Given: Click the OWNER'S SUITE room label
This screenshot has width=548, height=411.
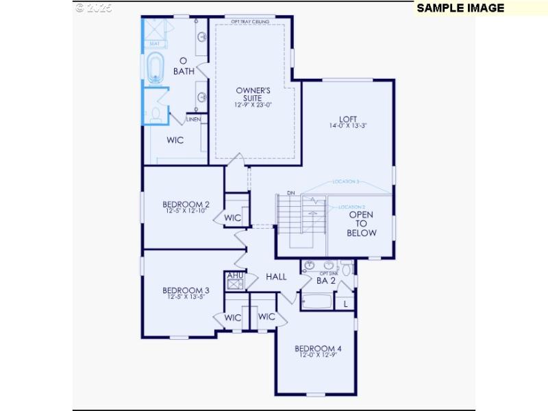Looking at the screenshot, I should pos(253,94).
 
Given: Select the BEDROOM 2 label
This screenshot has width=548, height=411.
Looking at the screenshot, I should pos(186,204).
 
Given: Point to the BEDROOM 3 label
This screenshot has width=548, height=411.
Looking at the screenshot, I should pos(186,290).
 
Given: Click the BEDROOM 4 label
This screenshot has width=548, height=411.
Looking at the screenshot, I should pos(318,349).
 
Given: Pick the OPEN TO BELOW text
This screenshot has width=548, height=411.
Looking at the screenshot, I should pos(362,223).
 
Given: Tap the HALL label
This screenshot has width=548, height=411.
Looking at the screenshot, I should pos(276,277).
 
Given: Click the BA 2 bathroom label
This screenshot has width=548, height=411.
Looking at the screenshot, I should pos(326,280).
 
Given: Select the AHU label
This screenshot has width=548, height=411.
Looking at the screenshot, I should pos(235,275).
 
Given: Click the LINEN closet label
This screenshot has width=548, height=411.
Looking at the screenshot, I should pos(193,120).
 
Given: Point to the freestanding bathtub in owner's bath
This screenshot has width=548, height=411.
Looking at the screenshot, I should pos(155,68).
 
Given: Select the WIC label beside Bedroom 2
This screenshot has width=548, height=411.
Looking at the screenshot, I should pos(233,218).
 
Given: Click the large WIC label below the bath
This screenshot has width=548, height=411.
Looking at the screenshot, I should pos(175,140).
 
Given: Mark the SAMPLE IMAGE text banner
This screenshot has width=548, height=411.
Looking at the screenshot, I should pos(460,8).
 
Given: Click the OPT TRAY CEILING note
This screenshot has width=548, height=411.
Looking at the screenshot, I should pos(251,21).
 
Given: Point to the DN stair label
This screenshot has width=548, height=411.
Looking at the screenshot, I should pos(290,193).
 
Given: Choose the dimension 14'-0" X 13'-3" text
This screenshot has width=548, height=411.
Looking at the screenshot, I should pos(348,125).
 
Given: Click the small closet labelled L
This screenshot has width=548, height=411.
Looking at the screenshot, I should pos(345,302).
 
